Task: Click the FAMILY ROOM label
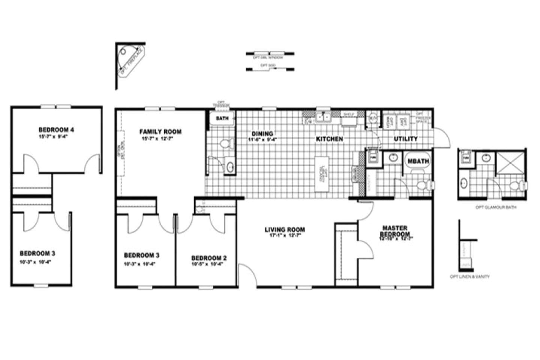click(x=160, y=132)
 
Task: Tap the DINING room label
click(x=262, y=134)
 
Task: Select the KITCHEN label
click(x=329, y=139)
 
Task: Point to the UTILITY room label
click(x=405, y=139)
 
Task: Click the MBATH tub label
click(x=418, y=161)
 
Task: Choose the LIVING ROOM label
click(x=285, y=229)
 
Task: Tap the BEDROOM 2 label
click(x=209, y=258)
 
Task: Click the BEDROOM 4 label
click(x=56, y=130)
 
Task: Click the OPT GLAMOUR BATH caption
click(x=496, y=207)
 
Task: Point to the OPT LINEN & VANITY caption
click(x=469, y=277)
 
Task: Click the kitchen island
click(x=322, y=174)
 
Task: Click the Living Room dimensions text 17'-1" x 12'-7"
click(x=285, y=236)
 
